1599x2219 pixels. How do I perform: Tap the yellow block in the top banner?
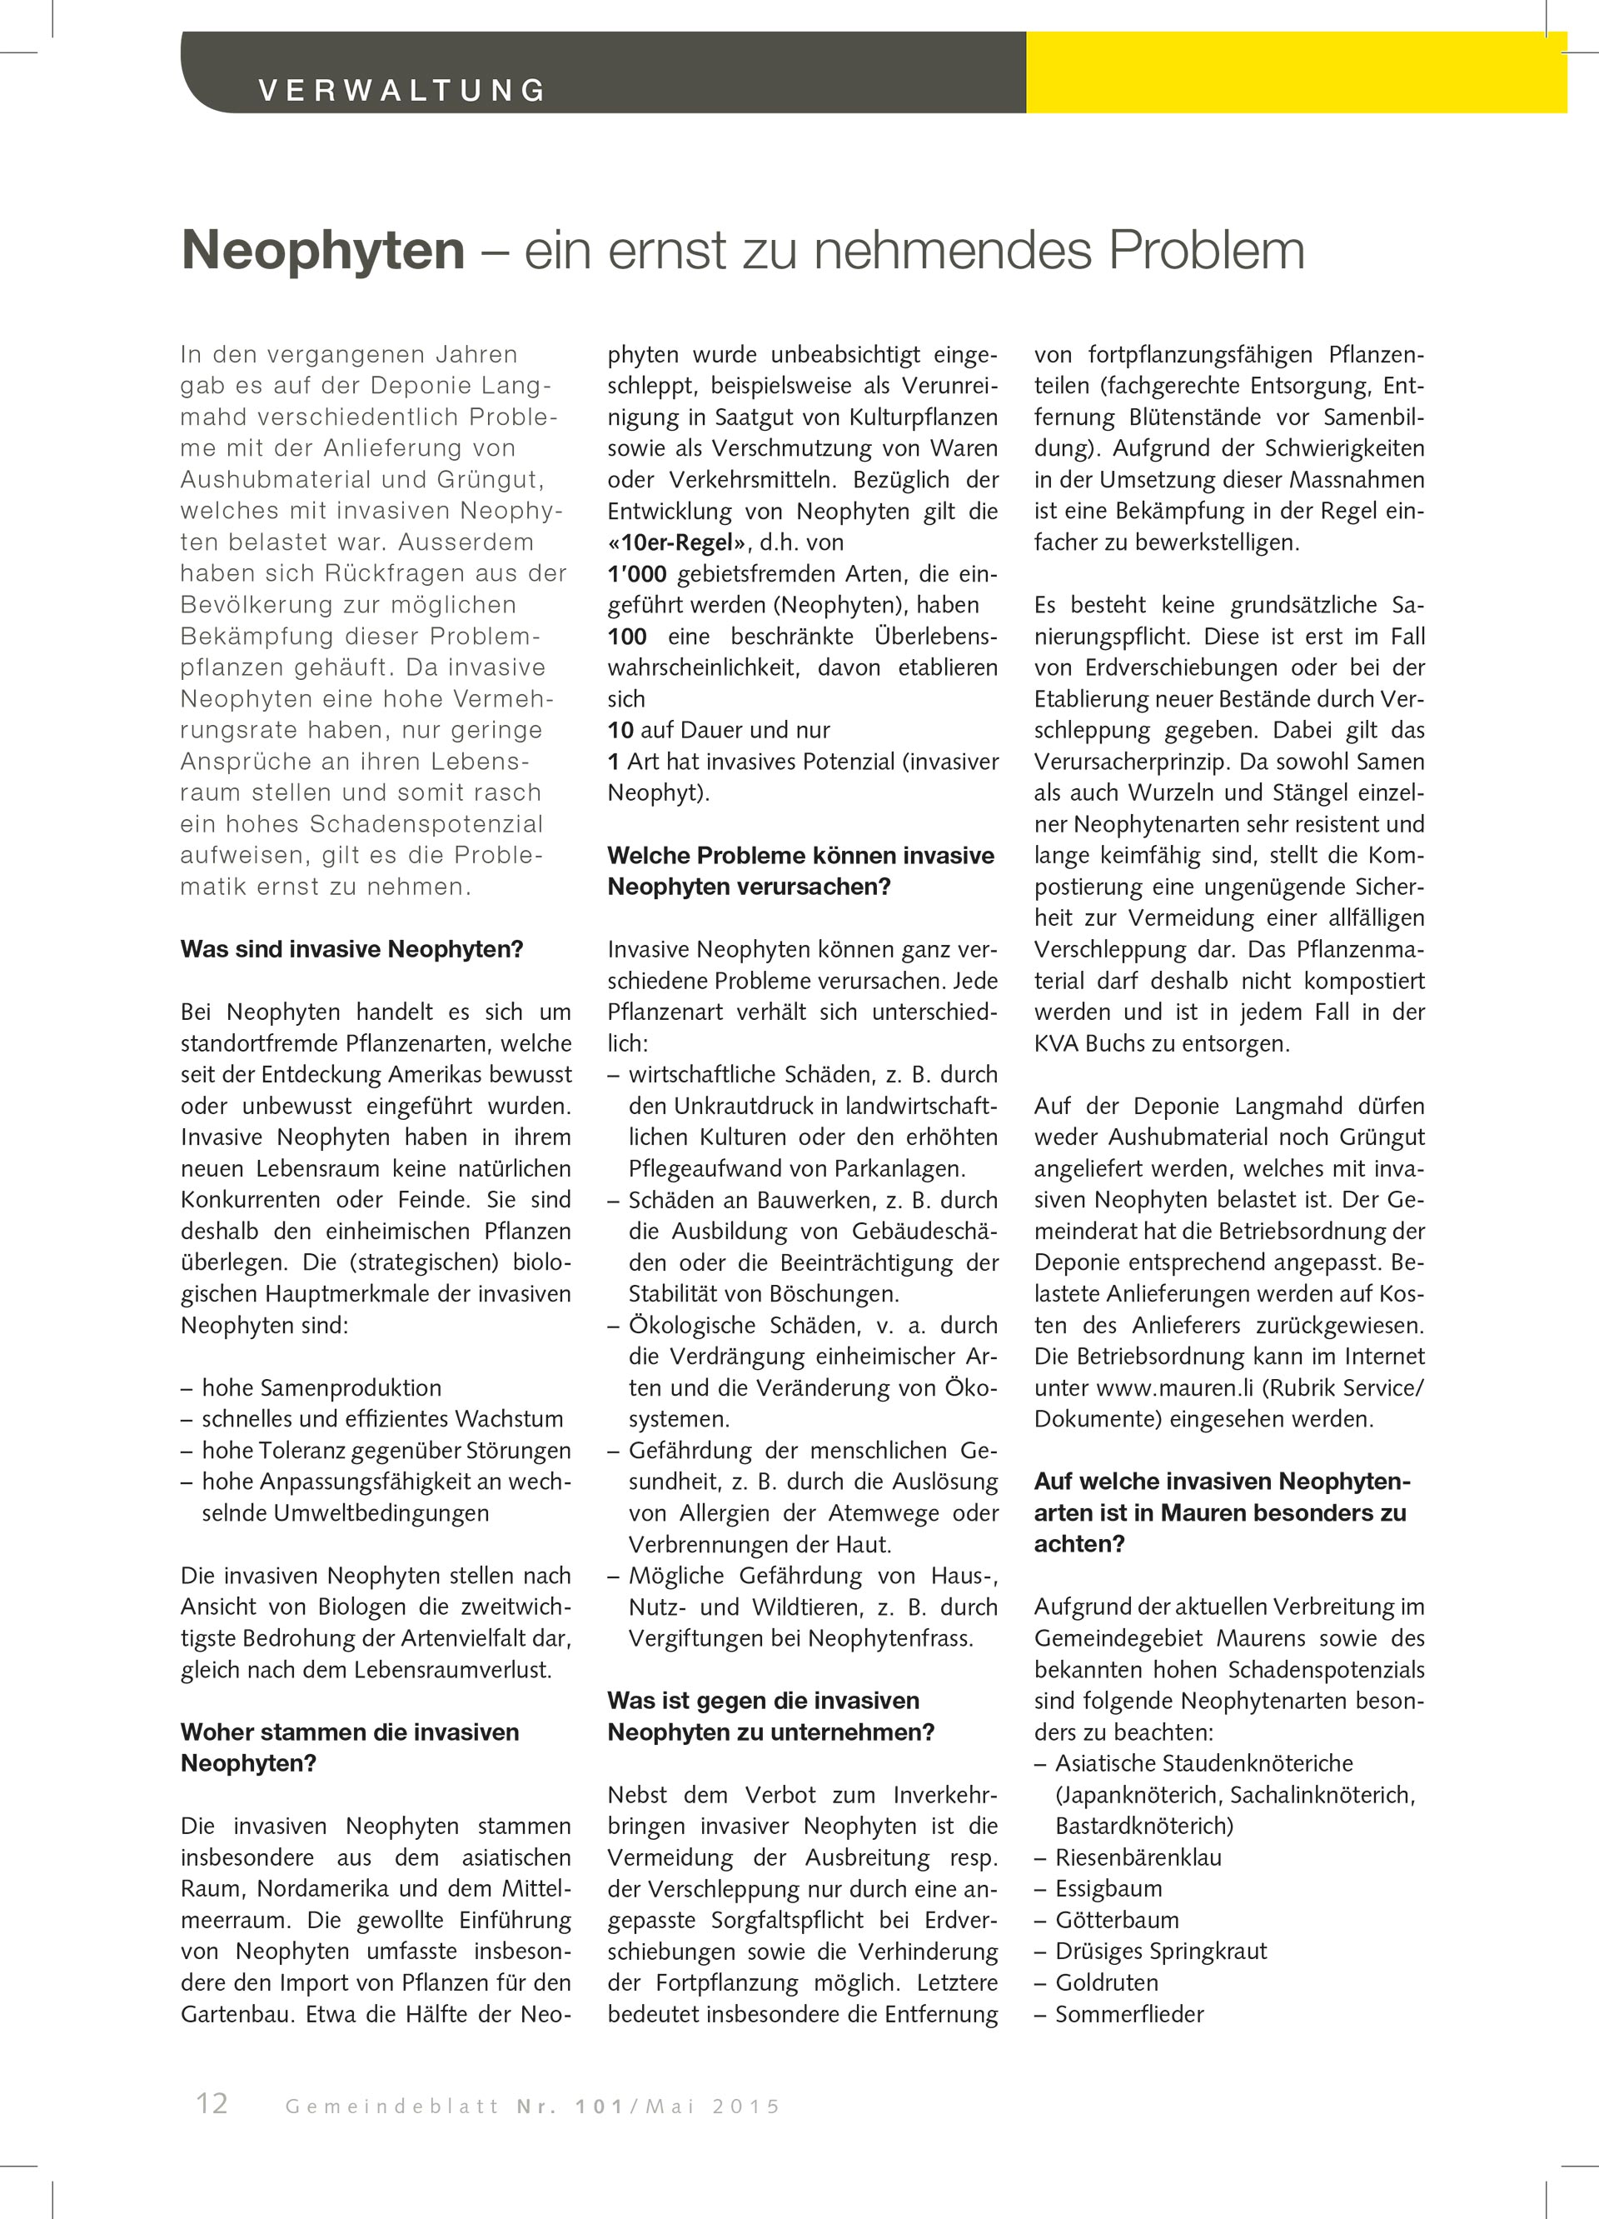pos(1295,72)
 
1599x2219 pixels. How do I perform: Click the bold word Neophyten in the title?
pos(323,251)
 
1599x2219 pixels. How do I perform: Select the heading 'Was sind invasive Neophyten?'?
pos(352,949)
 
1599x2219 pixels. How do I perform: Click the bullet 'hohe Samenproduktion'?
pos(321,1387)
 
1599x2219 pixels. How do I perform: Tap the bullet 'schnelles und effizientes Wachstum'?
pos(382,1419)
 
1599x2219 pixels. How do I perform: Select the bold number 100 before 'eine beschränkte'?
pos(627,636)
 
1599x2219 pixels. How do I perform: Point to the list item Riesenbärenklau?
pos(1138,1857)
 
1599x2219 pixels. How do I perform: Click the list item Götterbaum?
pos(1117,1920)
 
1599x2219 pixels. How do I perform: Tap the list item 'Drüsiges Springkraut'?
pos(1161,1951)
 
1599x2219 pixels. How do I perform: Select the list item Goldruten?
pos(1107,1982)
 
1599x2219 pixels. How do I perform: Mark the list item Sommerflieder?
pos(1129,2013)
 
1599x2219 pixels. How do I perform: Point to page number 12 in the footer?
pos(212,2103)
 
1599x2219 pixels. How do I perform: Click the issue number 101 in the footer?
pos(600,2107)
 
